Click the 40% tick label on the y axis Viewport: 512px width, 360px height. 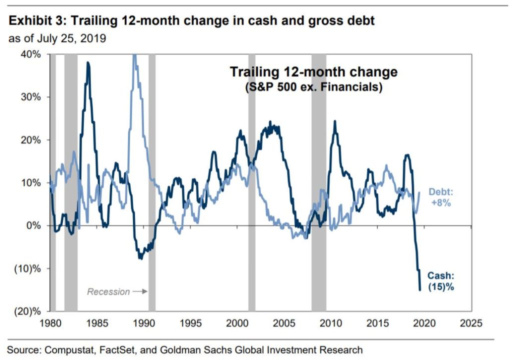point(31,54)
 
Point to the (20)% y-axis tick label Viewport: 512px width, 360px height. point(27,311)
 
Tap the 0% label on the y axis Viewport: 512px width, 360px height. point(33,225)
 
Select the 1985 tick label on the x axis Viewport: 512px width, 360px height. point(97,323)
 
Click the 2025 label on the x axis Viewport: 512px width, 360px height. point(471,323)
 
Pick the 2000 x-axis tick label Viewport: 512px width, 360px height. point(237,323)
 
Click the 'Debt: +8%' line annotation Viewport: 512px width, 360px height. point(441,197)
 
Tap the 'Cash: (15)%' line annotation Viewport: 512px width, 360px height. point(441,281)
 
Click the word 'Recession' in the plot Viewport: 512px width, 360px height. point(108,291)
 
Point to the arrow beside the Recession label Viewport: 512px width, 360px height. point(140,291)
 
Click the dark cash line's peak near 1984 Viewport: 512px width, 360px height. point(88,62)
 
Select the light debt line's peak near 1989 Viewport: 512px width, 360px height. point(134,55)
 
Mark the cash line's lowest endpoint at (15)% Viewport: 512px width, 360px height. point(420,290)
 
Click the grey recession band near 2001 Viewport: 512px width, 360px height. point(252,182)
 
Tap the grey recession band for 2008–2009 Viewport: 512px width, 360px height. point(318,182)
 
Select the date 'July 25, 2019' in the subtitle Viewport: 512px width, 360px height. point(71,38)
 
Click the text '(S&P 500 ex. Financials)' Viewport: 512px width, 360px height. point(313,87)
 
